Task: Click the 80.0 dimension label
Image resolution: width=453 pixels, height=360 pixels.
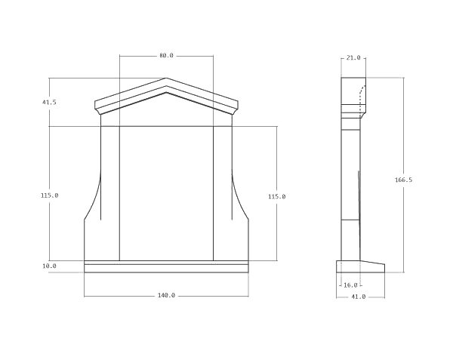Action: [166, 56]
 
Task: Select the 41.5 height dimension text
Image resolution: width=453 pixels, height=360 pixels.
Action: [50, 102]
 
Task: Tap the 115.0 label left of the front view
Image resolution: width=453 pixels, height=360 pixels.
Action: [50, 195]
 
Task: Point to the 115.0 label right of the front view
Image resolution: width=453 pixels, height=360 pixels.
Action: [277, 196]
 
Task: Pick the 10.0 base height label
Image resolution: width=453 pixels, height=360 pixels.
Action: [50, 266]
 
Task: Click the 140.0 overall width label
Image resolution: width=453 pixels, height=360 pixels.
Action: [166, 295]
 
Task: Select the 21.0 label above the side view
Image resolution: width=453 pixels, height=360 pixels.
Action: [353, 58]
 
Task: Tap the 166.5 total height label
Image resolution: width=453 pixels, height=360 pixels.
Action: [404, 180]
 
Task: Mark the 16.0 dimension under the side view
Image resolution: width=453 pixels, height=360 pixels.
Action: [350, 285]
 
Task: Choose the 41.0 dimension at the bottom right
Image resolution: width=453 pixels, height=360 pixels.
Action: [358, 297]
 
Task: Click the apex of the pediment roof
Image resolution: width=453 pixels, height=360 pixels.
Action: [166, 78]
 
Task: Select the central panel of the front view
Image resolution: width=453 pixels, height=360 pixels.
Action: [166, 192]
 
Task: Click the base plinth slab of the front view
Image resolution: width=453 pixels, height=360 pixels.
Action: [166, 267]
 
